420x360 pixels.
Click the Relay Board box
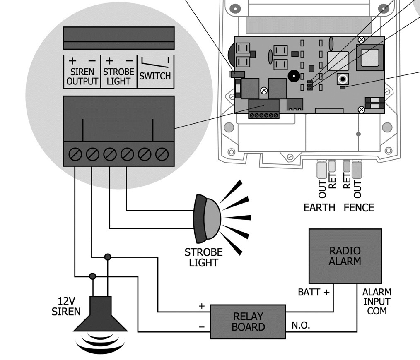point(248,322)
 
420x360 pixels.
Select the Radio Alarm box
point(345,256)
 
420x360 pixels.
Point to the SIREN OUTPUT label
point(82,77)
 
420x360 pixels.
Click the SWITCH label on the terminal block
point(155,76)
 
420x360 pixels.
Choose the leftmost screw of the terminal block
point(75,154)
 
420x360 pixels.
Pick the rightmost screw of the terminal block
point(162,154)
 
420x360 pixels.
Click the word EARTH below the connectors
point(319,208)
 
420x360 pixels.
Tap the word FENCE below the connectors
point(359,208)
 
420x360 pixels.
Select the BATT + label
point(314,293)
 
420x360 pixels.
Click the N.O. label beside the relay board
point(300,326)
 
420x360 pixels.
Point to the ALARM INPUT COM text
point(377,301)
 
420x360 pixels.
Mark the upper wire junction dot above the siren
point(108,257)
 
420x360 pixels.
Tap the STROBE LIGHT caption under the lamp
point(203,257)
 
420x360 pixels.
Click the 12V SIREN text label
point(66,306)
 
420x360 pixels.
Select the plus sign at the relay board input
point(202,306)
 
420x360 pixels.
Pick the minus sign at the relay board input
point(202,327)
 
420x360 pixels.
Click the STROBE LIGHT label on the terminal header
point(118,77)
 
